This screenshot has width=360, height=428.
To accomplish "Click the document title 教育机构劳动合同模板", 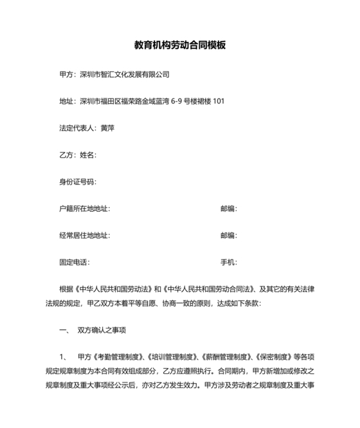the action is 179,46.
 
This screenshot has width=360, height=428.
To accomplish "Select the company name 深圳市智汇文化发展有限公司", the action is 124,74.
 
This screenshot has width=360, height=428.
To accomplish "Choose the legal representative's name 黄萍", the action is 107,128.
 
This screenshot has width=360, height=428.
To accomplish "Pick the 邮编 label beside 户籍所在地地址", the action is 228,209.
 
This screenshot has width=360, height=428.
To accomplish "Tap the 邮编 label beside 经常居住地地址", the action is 228,236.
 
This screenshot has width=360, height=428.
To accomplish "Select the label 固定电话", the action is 73,263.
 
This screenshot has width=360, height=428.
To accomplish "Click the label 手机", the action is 228,263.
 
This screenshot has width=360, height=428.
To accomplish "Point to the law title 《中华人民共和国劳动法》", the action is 116,289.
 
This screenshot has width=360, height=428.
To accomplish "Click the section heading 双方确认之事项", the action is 102,330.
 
